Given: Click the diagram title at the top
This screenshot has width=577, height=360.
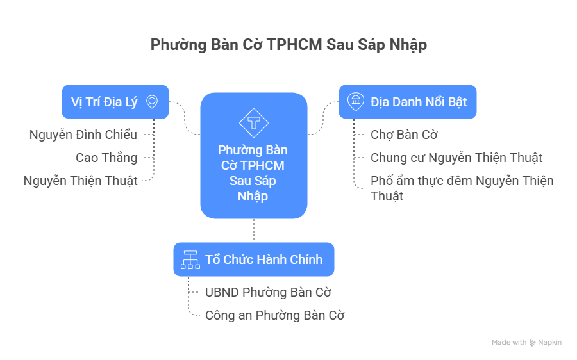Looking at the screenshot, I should click(288, 45).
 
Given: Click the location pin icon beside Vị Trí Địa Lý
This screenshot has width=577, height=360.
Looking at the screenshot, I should click(152, 102).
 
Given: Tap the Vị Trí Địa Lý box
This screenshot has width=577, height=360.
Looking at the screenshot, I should click(115, 102).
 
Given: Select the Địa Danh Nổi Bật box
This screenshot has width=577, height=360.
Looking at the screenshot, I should click(408, 102).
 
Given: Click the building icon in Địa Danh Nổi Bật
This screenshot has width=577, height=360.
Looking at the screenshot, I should click(354, 102).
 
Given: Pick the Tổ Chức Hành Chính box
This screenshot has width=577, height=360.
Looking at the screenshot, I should click(254, 259).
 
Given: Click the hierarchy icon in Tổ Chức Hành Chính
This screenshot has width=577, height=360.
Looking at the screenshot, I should click(189, 259).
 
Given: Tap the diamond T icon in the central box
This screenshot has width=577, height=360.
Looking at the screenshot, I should click(254, 122).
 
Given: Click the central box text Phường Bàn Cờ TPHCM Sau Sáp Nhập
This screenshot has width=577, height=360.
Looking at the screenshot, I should click(253, 173).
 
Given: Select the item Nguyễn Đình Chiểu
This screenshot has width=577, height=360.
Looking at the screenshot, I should click(83, 135).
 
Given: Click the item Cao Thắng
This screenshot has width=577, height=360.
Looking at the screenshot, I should click(106, 158).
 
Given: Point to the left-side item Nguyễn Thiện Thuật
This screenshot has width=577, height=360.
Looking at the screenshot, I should click(80, 181).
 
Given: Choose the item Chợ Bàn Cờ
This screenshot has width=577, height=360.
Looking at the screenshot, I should click(404, 135).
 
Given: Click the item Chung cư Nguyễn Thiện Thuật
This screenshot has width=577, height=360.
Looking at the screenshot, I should click(456, 158).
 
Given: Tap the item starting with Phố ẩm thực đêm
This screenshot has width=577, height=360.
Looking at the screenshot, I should click(462, 188).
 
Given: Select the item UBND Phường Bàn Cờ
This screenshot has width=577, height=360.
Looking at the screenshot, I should click(268, 292).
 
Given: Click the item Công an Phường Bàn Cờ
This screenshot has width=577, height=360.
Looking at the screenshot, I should click(275, 315).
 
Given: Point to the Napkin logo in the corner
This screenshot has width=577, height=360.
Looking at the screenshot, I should click(546, 343).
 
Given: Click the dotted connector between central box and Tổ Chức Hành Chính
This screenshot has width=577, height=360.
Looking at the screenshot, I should click(254, 230).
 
